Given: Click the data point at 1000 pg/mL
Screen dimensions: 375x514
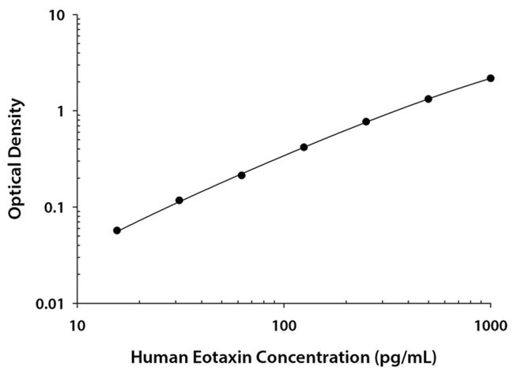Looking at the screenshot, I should coord(490,78).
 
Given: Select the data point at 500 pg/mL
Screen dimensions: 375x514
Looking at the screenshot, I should coord(429,99).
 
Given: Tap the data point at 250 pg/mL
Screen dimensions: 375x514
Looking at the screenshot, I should coord(366,122).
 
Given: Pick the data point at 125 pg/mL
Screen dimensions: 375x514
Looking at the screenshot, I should coord(304,147).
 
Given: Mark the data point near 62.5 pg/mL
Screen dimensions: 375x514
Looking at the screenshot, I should coord(241,174).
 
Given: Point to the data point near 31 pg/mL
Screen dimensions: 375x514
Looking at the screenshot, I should coord(180,201).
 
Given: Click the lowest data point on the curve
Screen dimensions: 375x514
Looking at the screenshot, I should coord(117,231).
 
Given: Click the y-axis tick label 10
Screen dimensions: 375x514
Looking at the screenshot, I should coord(58,16).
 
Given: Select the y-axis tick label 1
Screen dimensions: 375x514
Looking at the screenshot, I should coord(62,111).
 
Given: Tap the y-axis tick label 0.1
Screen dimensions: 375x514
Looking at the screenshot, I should coord(55,208).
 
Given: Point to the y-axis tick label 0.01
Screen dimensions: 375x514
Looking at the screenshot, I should coord(52,304).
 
